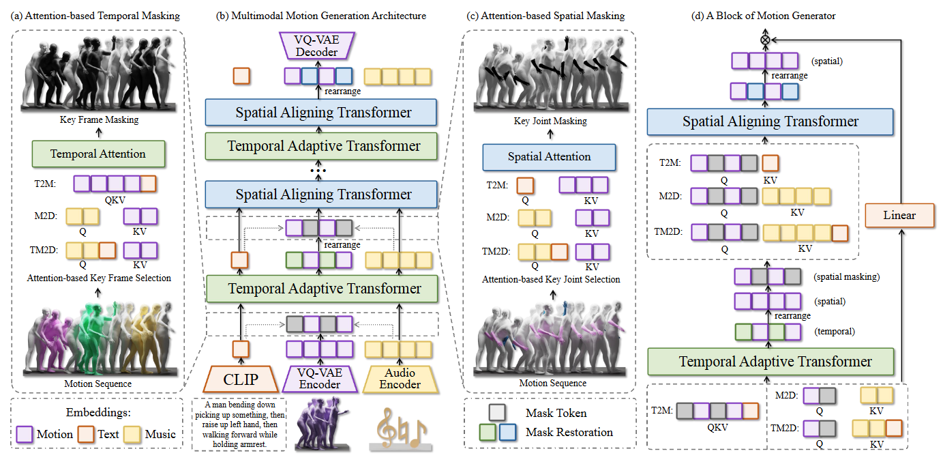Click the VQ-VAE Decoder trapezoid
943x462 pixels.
click(317, 46)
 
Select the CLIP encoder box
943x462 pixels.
click(241, 379)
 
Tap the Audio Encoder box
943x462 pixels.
click(400, 379)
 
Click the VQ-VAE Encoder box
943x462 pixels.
click(320, 379)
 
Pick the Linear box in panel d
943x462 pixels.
click(899, 215)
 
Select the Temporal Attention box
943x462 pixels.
click(98, 154)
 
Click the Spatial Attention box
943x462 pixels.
click(549, 157)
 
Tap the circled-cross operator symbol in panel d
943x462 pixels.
click(765, 40)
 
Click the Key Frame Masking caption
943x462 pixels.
click(99, 119)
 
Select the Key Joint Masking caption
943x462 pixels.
click(550, 121)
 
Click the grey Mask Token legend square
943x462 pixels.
click(497, 413)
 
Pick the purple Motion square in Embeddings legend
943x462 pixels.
click(25, 434)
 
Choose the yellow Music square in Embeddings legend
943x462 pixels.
click(132, 434)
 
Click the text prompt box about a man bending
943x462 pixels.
click(239, 424)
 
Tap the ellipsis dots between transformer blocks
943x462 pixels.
click(318, 171)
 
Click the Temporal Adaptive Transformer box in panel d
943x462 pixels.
click(770, 362)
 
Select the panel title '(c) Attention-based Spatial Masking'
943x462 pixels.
click(545, 16)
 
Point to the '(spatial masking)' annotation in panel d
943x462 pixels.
click(847, 276)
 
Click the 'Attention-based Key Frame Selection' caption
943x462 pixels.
click(99, 278)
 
